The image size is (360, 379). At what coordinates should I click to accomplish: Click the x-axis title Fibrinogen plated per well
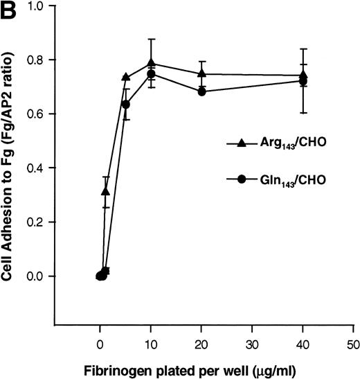tap(203, 369)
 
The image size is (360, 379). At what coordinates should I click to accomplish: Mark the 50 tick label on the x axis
tap(353, 343)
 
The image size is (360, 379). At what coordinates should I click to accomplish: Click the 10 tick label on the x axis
tap(150, 343)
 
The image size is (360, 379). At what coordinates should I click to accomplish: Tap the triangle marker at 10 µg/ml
tap(150, 64)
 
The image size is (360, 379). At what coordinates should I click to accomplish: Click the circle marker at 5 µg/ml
tap(125, 105)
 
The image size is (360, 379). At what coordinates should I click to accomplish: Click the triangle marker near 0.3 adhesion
tap(105, 191)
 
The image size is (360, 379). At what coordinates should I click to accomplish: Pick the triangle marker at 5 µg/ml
tap(125, 77)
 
